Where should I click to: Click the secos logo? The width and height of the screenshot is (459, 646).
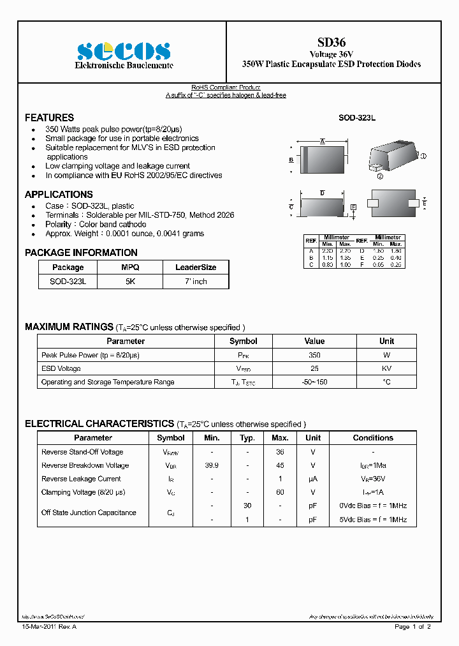coord(123,51)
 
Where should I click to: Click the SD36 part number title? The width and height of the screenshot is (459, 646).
coord(331,42)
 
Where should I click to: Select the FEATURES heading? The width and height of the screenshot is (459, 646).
coord(49,117)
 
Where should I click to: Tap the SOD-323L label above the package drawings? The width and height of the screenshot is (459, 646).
coord(356,119)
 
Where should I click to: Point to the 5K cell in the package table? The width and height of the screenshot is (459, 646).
coord(130,282)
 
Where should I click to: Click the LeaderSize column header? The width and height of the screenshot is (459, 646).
coord(196,267)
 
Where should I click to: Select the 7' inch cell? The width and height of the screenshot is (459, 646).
coord(196,282)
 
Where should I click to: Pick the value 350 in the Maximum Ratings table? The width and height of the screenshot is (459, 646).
coord(314,355)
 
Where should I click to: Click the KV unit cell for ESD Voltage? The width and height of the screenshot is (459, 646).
coord(386,368)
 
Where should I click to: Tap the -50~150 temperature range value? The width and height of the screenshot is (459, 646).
coord(314,382)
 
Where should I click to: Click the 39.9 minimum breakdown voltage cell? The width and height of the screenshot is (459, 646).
coord(212,465)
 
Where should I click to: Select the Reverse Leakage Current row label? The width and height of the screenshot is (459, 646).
coord(81,479)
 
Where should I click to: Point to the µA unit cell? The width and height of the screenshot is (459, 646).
coord(313,479)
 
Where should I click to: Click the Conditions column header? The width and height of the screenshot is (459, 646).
coord(373,438)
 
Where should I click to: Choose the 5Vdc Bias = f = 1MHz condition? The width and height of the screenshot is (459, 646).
coord(373,520)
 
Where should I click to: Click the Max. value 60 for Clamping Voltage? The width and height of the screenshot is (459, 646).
coord(280,492)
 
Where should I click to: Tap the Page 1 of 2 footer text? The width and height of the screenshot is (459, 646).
coord(412,627)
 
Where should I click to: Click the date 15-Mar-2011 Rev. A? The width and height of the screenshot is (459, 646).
coord(49,627)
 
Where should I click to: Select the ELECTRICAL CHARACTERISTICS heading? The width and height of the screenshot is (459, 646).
coord(99,424)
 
